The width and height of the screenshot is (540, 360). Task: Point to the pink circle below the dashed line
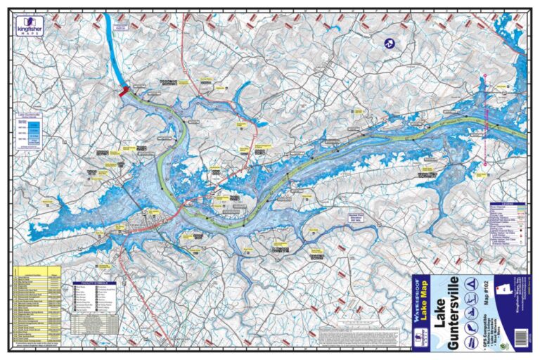(x=484, y=165)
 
